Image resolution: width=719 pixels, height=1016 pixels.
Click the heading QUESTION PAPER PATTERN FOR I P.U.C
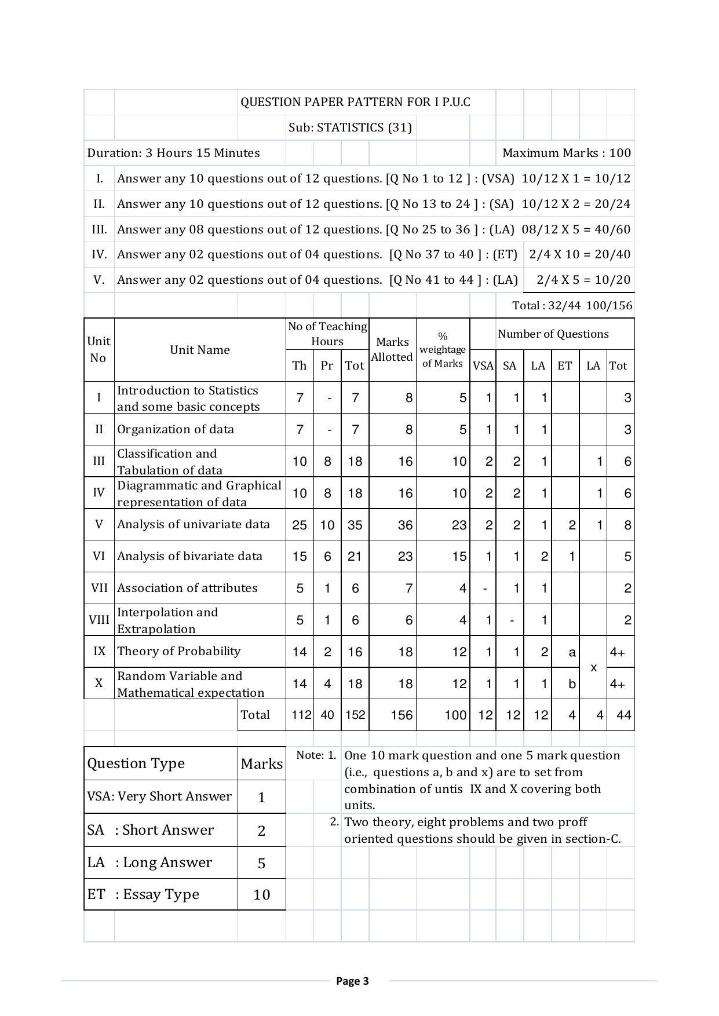355,103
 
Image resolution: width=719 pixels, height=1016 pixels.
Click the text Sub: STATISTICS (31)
350,128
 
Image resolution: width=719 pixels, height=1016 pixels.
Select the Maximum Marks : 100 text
566,154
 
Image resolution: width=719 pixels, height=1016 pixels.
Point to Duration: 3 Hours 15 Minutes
173,154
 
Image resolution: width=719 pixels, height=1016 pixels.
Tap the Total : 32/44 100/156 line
572,306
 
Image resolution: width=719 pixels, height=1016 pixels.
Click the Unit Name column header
200,350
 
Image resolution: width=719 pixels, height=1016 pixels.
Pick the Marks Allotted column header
392,350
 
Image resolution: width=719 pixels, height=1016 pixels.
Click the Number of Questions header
553,334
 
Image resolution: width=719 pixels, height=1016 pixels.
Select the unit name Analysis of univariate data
194,525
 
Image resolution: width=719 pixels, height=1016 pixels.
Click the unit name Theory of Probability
178,652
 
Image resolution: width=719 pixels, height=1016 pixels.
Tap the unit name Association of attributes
187,589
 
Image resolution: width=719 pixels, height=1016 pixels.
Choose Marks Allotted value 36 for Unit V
405,525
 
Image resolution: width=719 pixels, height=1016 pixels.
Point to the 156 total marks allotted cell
402,715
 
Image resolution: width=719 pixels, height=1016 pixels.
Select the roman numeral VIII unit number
99,620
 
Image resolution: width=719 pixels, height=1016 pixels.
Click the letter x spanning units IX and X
593,668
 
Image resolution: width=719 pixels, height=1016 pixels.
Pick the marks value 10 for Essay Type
261,895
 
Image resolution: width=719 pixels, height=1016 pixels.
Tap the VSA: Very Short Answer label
159,797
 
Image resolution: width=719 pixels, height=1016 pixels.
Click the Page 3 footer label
352,981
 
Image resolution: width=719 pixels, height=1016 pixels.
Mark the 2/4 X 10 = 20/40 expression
579,255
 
